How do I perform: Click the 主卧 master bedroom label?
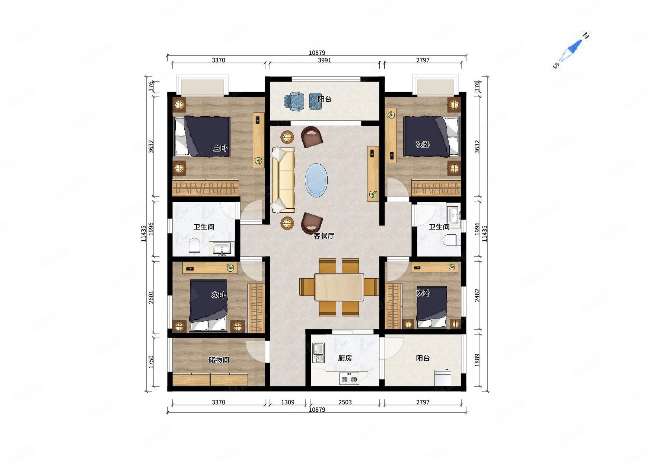[x=220, y=148]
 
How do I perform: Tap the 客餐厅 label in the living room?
[x=324, y=235]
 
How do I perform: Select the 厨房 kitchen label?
[x=345, y=358]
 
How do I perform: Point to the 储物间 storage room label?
[x=219, y=360]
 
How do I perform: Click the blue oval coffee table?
[x=316, y=180]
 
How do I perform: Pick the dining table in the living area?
[x=339, y=287]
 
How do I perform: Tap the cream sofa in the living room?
[x=283, y=180]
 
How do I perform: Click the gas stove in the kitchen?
[x=349, y=379]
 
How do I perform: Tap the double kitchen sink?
[x=318, y=353]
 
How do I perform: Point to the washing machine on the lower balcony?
[x=443, y=377]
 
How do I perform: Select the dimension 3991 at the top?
[x=325, y=60]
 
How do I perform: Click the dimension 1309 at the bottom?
[x=288, y=402]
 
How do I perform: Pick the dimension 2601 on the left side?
[x=151, y=297]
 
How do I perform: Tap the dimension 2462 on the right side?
[x=477, y=295]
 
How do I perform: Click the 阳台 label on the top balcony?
[x=325, y=99]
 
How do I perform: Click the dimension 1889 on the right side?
[x=477, y=360]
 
